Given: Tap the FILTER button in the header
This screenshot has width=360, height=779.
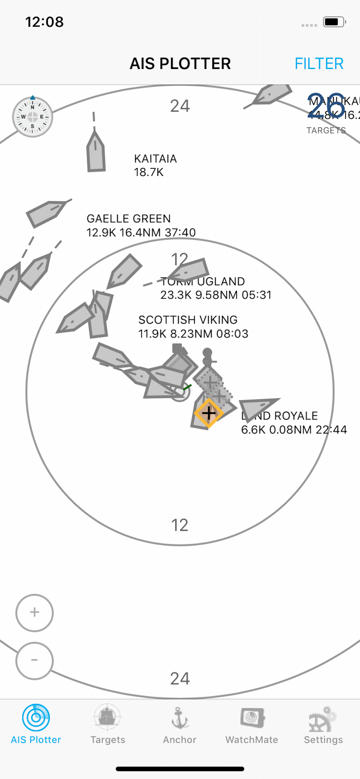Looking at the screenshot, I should tap(319, 63).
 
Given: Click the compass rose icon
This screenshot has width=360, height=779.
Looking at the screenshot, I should tap(33, 117).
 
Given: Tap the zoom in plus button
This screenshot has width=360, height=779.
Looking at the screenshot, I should tap(34, 613).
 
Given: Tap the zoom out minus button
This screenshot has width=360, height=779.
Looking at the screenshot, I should tap(34, 660).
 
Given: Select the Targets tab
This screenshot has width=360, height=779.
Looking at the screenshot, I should tap(108, 725).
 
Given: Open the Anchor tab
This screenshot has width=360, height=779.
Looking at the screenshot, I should tap(180, 725).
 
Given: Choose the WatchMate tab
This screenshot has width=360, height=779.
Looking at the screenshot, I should tap(252, 725).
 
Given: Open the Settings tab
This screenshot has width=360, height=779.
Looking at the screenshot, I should tap(323, 725).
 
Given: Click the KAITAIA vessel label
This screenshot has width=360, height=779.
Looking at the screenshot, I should tap(155, 165).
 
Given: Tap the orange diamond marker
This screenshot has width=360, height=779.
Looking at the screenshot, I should tap(209, 413).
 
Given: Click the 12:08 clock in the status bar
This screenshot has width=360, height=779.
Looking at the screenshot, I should tap(44, 22).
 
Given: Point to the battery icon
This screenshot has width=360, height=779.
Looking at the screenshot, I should tap(334, 22).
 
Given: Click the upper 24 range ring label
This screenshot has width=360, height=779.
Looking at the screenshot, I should tap(180, 106).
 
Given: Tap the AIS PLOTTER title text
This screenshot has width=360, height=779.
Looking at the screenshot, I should tap(180, 63).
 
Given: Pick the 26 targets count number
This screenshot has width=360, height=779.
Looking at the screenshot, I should tap(326, 106).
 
